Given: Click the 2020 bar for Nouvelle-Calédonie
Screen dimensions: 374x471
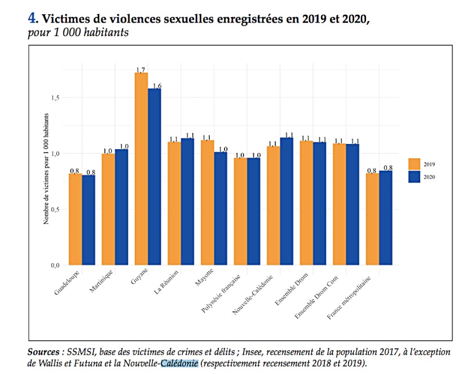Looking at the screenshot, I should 287,201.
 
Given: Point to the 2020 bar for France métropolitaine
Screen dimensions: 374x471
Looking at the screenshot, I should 386,218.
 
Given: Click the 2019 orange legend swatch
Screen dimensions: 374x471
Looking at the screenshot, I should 415,164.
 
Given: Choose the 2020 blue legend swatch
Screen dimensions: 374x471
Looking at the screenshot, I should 415,177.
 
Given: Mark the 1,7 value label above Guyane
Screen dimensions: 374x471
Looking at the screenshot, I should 141,69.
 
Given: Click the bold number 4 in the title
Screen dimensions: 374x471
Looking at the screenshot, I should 32,18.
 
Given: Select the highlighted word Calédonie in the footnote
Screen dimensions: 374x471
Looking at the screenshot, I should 179,363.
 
